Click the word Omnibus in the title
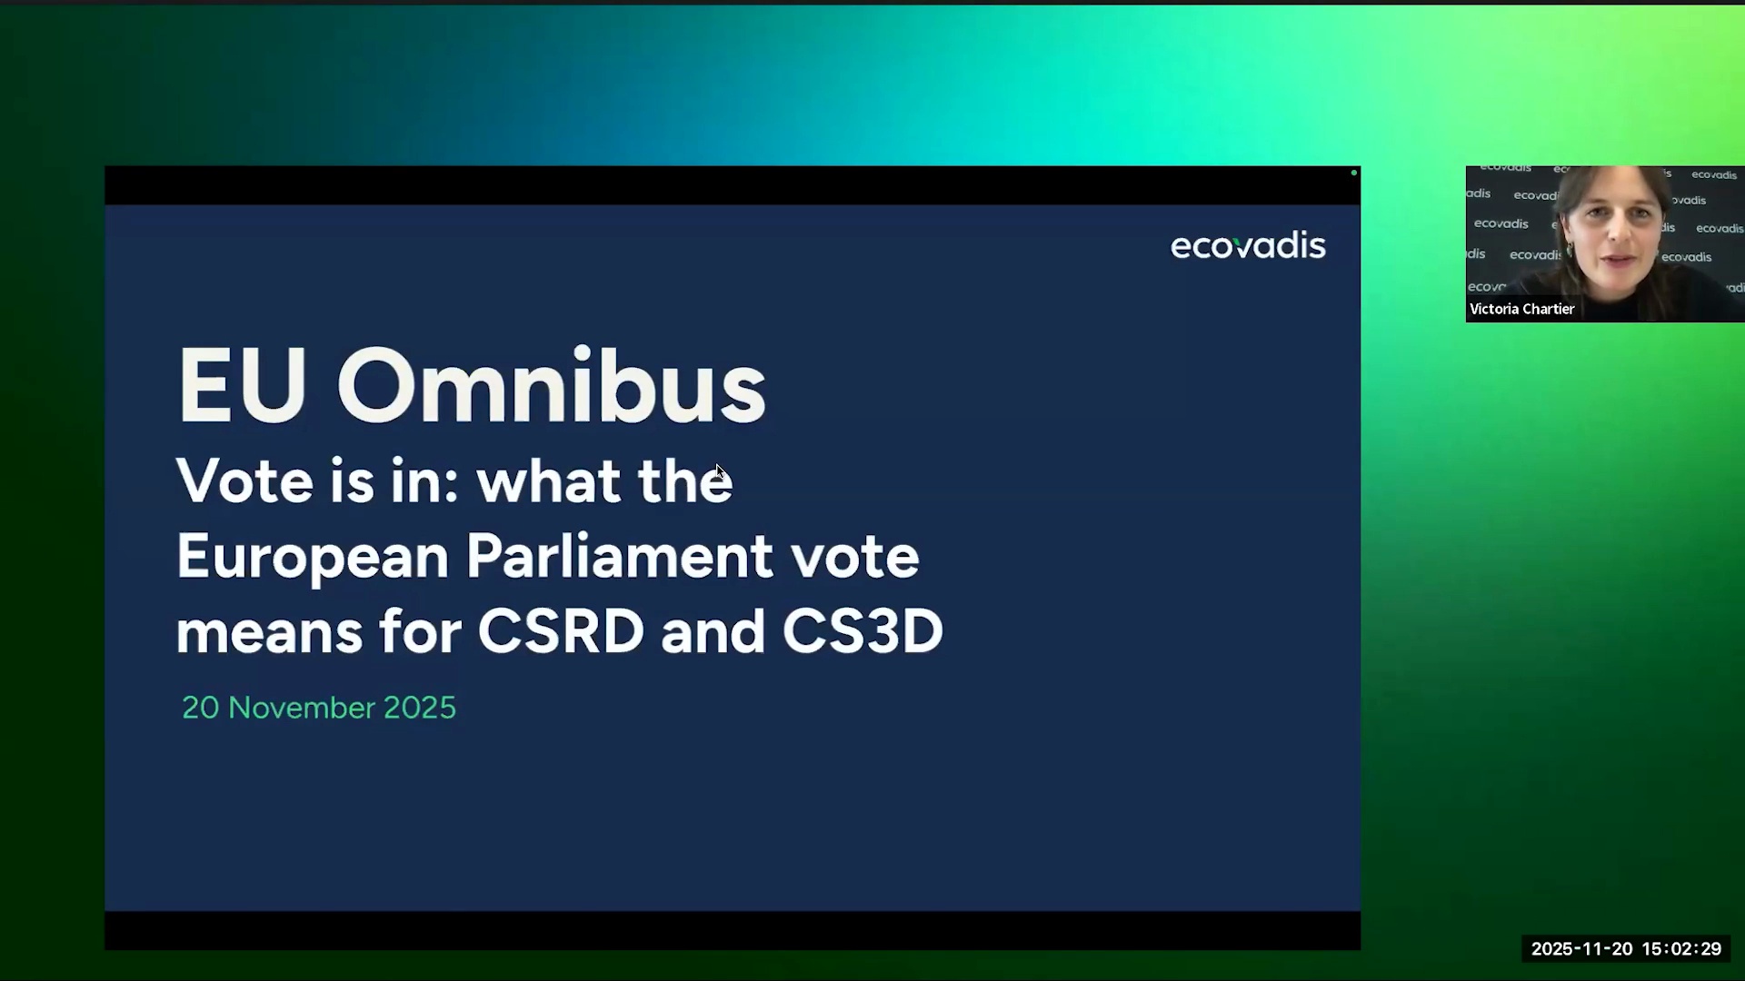point(551,386)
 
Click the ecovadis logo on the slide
point(1248,245)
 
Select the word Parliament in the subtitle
point(619,556)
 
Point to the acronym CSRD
point(561,631)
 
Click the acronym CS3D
point(863,631)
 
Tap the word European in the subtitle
point(312,558)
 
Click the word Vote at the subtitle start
point(233,481)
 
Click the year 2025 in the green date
point(420,708)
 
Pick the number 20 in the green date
point(200,708)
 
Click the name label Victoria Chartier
point(1521,309)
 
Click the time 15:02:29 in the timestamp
point(1681,949)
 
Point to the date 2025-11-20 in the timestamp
point(1581,949)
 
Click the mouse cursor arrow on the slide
point(719,471)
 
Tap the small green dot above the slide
point(1354,173)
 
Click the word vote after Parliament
point(854,558)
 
